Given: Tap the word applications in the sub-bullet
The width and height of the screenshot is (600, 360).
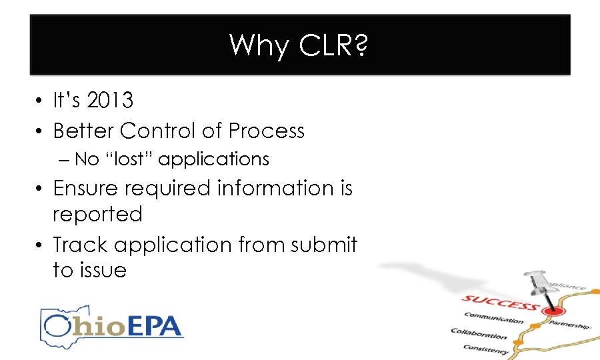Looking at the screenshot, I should tap(214, 160).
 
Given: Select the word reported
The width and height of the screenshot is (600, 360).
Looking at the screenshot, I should tap(97, 215).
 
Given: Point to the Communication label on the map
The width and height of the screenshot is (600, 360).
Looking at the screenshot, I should tap(494, 318).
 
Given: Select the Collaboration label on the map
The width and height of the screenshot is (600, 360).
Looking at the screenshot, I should tap(479, 334).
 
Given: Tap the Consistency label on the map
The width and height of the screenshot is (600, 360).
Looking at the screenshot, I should tap(485, 347).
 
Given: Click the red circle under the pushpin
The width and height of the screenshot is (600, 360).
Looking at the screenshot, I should tap(551, 311).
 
